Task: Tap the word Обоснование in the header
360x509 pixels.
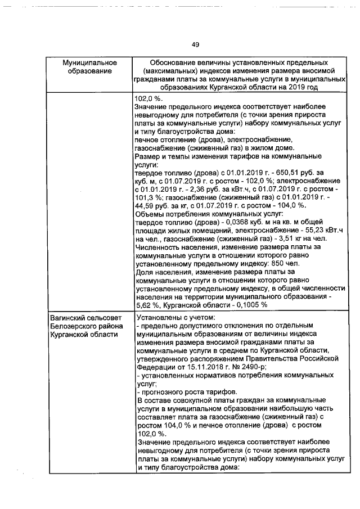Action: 174,62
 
